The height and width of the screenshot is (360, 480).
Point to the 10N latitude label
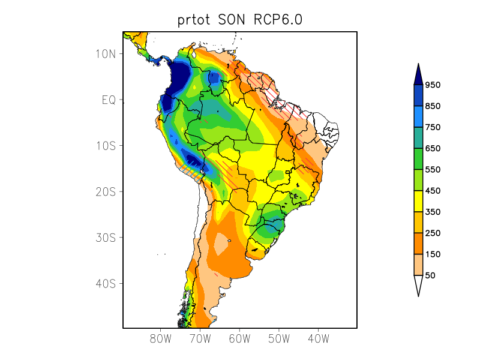(x=105, y=54)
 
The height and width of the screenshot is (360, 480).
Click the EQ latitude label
(x=108, y=100)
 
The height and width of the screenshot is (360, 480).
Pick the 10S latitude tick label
(x=105, y=146)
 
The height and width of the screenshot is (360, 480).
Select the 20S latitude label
(x=105, y=191)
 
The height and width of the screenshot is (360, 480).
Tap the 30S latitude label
(x=105, y=238)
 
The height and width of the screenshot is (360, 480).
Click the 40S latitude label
(x=105, y=283)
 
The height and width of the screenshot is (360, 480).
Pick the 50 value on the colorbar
(x=430, y=275)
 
